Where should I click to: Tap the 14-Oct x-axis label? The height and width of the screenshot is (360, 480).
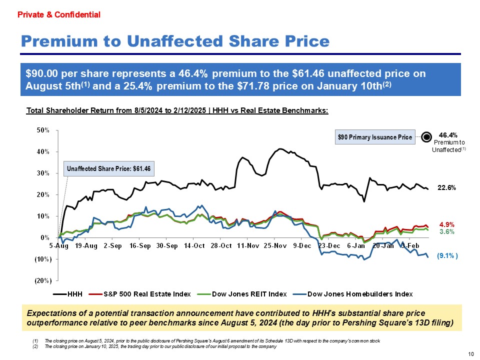[194, 246]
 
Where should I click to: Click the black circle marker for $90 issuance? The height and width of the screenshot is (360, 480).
[426, 136]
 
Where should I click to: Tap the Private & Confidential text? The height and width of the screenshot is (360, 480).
[59, 15]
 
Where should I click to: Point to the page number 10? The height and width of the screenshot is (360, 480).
[470, 354]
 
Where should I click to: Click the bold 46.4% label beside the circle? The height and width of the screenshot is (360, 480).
[448, 134]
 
